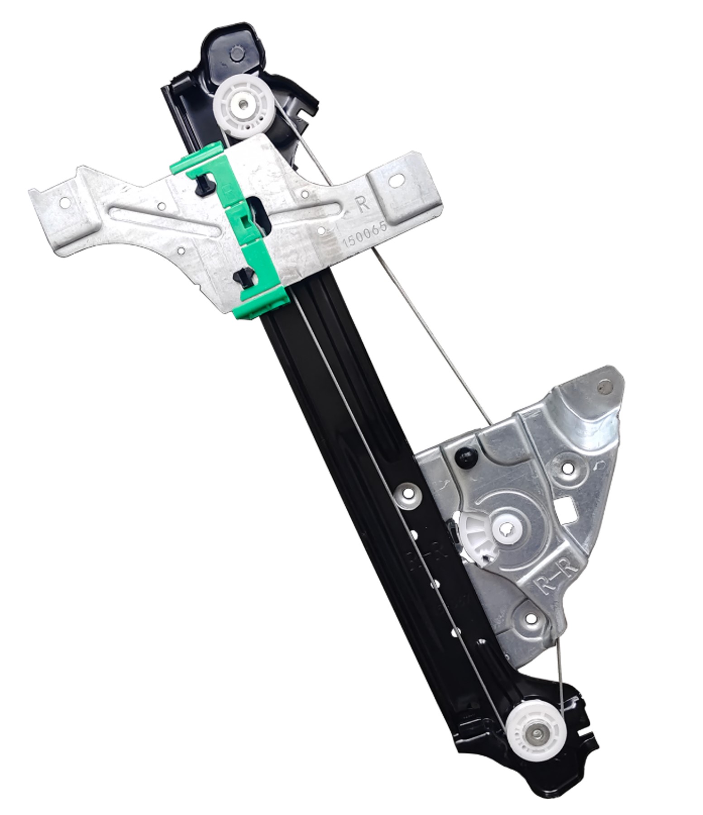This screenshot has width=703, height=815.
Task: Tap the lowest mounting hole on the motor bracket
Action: [530, 618]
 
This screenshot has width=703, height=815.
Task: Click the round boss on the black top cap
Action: [235, 52]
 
